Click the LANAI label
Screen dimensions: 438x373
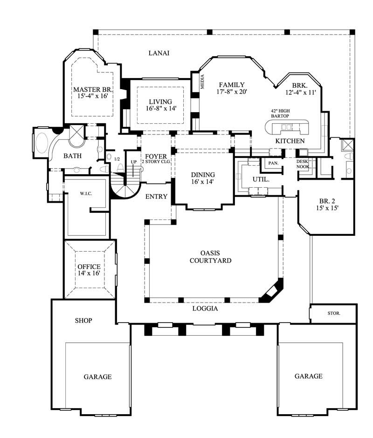pos(159,53)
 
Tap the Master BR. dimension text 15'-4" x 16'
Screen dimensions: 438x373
pos(90,96)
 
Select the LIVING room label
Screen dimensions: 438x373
pos(160,101)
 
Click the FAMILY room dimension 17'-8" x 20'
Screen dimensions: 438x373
pos(231,92)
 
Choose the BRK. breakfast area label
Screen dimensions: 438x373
pos(300,85)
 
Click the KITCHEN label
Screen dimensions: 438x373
pos(290,141)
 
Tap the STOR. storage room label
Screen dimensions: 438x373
pos(334,313)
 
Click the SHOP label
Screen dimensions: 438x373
pos(83,320)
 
